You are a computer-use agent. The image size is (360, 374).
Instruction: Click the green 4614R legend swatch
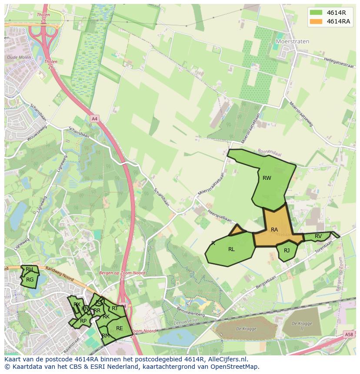[316, 12]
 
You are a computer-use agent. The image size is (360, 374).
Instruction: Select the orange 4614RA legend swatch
[316, 21]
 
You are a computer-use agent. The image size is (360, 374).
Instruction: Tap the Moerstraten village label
[293, 41]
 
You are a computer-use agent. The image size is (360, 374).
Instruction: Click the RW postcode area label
[267, 178]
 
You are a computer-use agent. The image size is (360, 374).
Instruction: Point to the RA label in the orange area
[274, 229]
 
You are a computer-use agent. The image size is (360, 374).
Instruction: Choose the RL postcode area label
[231, 249]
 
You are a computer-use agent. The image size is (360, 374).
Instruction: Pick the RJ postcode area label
[287, 251]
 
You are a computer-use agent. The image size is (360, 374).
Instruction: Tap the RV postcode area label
[318, 236]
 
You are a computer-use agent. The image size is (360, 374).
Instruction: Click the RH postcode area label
[29, 269]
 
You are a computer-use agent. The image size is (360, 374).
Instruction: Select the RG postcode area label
[30, 280]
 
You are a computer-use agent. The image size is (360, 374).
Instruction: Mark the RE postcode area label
[119, 328]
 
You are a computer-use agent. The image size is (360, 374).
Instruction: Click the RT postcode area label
[115, 308]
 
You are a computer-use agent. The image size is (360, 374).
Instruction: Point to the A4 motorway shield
[94, 118]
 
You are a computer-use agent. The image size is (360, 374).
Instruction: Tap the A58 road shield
[349, 334]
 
